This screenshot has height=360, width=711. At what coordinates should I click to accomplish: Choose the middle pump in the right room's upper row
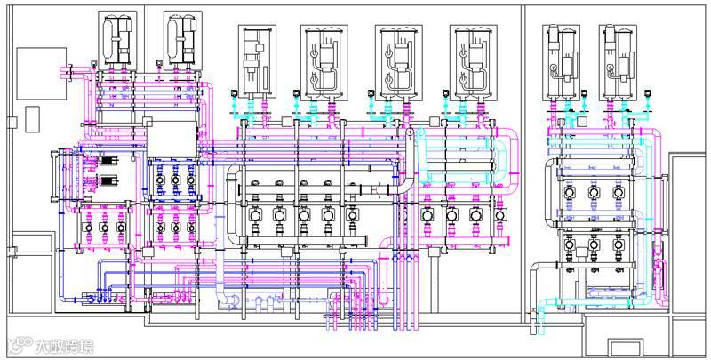coord(594,192)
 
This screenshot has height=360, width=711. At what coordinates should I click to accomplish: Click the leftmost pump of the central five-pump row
coord(253,214)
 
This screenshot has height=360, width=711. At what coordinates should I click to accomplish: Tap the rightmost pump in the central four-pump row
coord(500,214)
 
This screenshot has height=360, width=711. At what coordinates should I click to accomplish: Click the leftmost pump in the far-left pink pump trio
coord(89,226)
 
